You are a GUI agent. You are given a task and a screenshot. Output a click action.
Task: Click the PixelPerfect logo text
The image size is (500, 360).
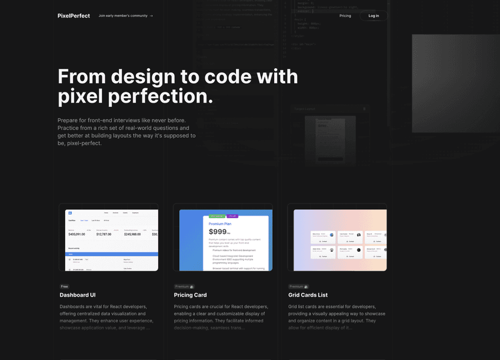74,16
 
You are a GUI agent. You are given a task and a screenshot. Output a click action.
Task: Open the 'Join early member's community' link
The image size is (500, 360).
126,16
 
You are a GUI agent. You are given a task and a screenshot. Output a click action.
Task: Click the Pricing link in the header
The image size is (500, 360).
345,16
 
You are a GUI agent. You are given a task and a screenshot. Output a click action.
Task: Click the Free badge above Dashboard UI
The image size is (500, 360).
65,286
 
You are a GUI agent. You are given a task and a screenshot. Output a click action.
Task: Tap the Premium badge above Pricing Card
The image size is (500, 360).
184,286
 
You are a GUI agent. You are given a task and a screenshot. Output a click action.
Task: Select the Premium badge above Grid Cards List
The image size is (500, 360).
298,286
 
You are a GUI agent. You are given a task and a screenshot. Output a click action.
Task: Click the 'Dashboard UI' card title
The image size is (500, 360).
77,295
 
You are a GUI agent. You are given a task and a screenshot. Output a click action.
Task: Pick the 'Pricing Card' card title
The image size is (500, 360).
190,295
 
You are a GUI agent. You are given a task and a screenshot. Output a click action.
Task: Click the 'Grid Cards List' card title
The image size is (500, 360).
308,295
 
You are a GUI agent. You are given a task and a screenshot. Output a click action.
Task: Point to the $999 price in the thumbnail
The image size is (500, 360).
218,231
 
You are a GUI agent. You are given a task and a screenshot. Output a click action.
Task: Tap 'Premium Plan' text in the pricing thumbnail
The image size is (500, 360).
220,223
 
